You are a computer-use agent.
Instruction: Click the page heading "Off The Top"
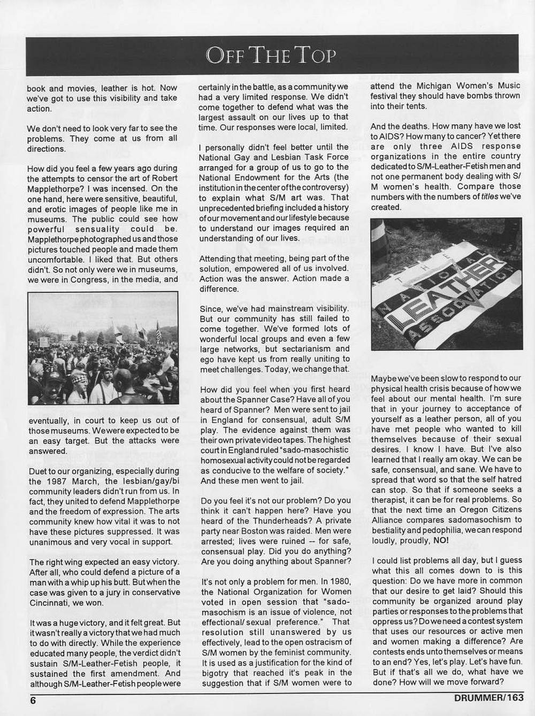pyautogui.click(x=272, y=55)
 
